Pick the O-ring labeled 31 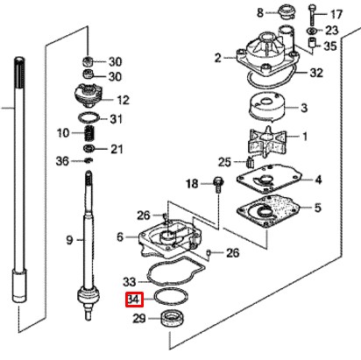point(88,117)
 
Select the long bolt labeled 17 point(311,14)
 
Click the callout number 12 point(123,100)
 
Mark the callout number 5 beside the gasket point(318,208)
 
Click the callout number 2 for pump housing point(217,58)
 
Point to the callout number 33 point(130,282)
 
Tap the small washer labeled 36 point(88,160)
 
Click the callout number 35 point(330,46)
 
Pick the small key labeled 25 point(249,162)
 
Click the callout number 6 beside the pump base point(120,236)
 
